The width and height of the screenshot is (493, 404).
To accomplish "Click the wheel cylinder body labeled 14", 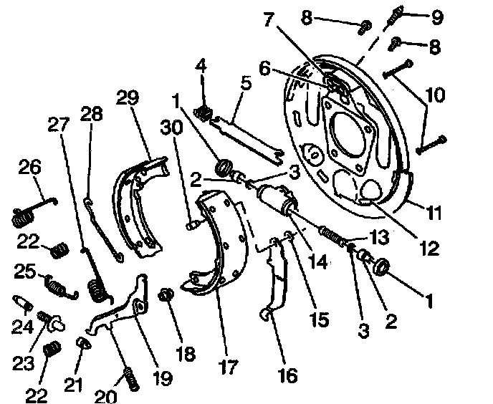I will [276, 200].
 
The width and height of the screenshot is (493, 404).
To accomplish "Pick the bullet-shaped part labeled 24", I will [23, 304].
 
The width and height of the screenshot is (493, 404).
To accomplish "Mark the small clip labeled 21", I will [83, 347].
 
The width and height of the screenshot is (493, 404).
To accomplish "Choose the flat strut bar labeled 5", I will [251, 135].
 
